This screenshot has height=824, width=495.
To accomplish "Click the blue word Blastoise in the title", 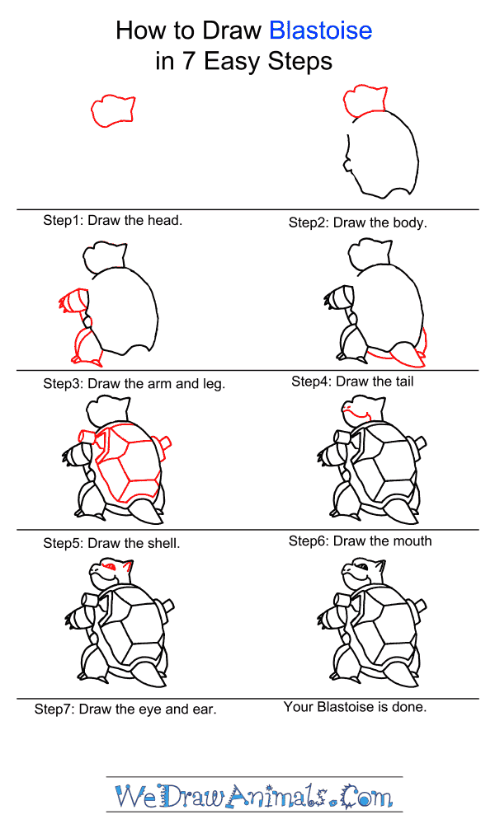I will (320, 31).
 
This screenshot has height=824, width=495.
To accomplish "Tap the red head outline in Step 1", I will (112, 110).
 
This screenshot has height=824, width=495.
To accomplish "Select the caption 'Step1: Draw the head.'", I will (113, 221).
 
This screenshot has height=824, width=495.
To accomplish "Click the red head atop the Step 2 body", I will (365, 99).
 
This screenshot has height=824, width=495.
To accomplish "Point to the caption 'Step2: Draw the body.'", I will (357, 222).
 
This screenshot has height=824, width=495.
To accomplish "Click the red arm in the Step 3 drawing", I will (73, 302).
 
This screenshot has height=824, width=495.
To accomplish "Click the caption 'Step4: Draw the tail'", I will (352, 382).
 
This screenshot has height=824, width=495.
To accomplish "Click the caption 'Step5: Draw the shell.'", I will (111, 543).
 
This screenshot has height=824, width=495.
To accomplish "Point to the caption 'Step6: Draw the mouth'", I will (360, 541).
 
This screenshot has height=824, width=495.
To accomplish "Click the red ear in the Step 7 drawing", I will (126, 568).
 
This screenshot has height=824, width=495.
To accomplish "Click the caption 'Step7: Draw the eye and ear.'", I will (125, 709).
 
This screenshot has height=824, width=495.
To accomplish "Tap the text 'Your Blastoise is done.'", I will (355, 707).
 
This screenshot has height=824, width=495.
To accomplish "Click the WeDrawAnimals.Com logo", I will (254, 797).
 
